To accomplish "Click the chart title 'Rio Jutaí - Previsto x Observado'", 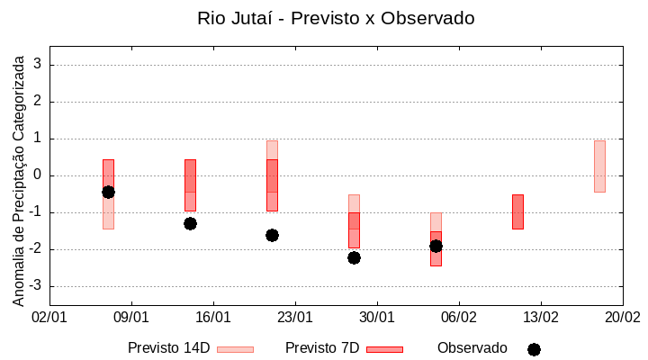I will (x=336, y=18).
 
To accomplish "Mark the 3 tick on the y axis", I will (x=39, y=65).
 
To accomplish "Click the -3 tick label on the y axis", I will (x=36, y=286).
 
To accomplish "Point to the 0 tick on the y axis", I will (x=39, y=175).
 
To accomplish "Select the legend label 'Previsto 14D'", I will (x=168, y=348).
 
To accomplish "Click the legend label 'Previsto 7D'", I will (x=321, y=348).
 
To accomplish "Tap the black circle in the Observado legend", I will (x=534, y=349).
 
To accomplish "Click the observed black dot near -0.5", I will (x=108, y=192).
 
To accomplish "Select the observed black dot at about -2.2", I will (x=354, y=257).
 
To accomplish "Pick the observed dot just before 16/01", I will (x=190, y=223).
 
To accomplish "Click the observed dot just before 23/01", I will (x=272, y=235).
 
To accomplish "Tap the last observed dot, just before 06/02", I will (x=436, y=246).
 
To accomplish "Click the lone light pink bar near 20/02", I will (x=599, y=166).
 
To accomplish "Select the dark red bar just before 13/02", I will (x=517, y=211).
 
